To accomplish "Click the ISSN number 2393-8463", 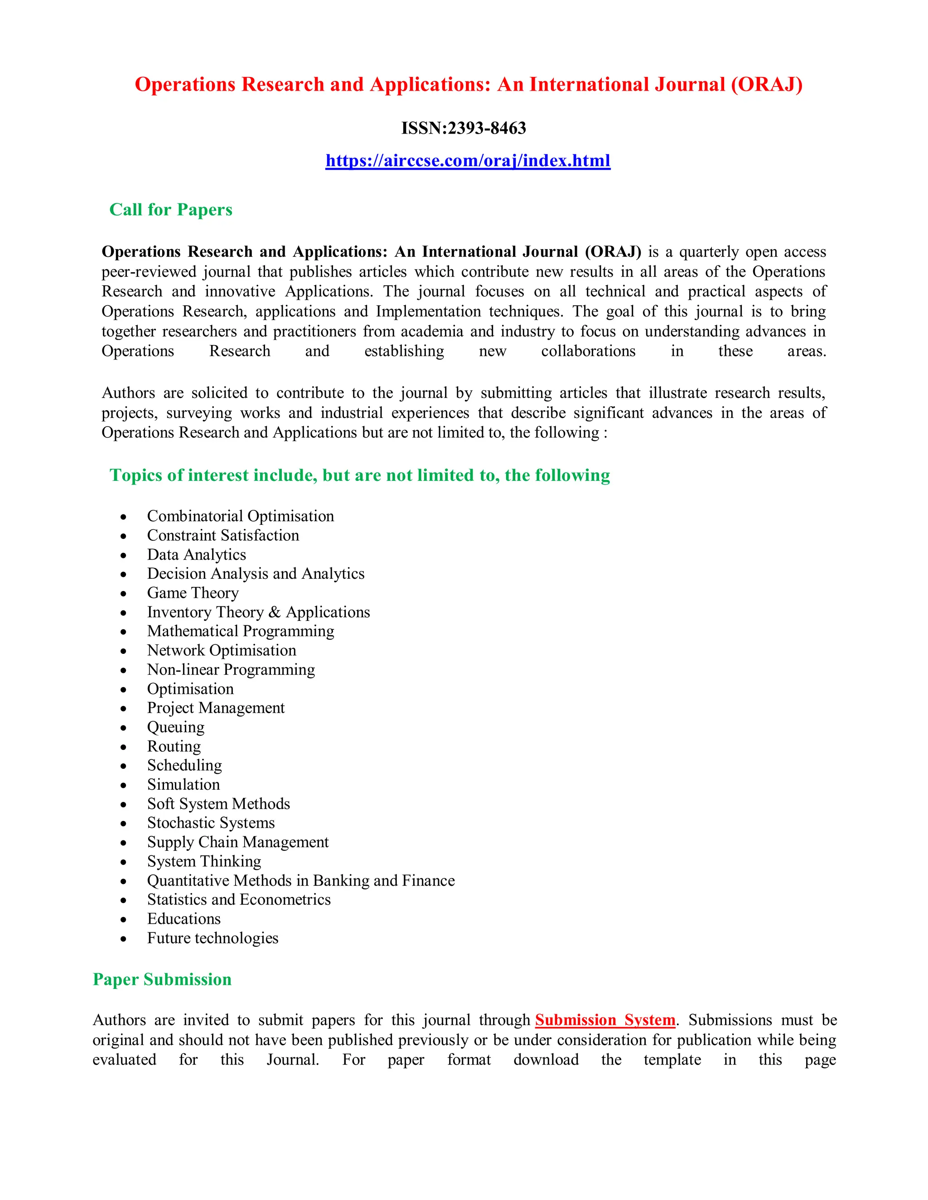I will (x=487, y=128).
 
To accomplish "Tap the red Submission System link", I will (x=605, y=1020).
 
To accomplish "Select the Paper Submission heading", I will (x=162, y=979).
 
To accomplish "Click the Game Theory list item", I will (x=193, y=593).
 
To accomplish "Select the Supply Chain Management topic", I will (x=237, y=842).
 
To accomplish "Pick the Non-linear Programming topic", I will (x=231, y=670).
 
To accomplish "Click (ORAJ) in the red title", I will (x=766, y=85).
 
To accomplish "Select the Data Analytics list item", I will (x=196, y=554).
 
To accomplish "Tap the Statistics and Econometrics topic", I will (x=239, y=899).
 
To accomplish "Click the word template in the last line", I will (x=672, y=1059).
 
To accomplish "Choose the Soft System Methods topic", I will (x=218, y=804).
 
